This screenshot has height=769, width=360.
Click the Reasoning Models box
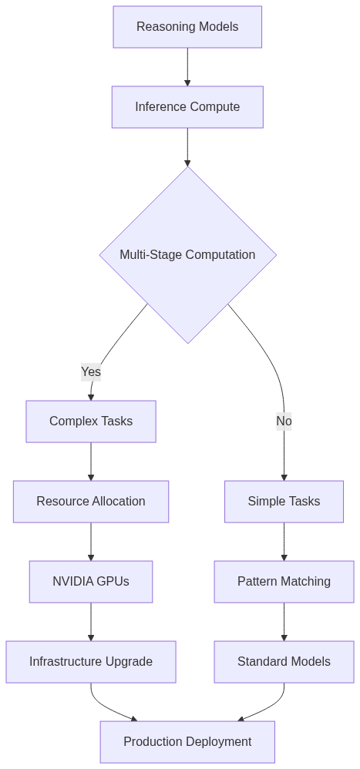(187, 27)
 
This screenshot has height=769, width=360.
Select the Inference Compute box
(187, 107)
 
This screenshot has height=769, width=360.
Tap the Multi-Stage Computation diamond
(187, 255)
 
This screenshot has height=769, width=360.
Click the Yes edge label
(91, 371)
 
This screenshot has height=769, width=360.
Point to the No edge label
(284, 421)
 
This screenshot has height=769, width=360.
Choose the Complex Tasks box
(91, 421)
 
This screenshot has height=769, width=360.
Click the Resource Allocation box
(91, 502)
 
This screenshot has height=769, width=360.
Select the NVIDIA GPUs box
(91, 582)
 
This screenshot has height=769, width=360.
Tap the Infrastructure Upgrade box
(91, 662)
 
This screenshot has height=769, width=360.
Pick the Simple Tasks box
(284, 502)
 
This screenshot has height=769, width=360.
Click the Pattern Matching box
(284, 582)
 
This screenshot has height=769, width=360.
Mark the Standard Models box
(284, 662)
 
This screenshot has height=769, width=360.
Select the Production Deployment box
(187, 742)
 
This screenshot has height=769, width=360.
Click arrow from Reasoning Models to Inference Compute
(187, 67)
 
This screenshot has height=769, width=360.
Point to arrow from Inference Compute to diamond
(187, 147)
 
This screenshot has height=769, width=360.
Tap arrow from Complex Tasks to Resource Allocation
(91, 462)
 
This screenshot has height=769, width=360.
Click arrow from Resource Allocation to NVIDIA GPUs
(91, 542)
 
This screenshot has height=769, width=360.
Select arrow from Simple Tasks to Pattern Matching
(284, 542)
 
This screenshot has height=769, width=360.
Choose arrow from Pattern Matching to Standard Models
(284, 622)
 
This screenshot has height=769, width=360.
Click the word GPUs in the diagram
(113, 582)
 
